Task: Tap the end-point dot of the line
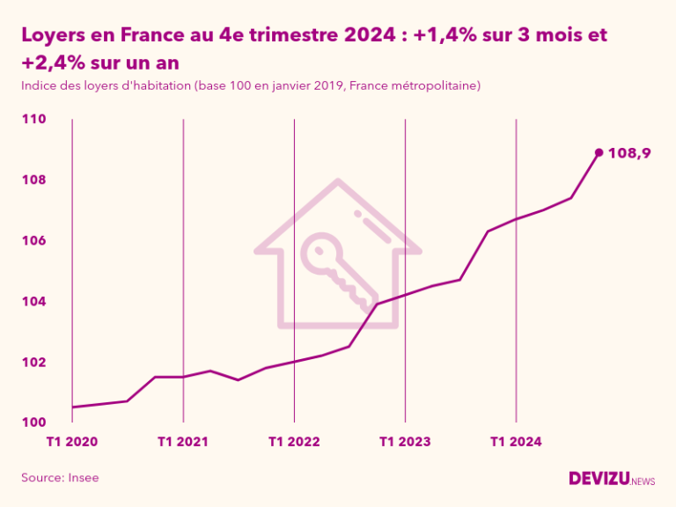pyautogui.click(x=599, y=152)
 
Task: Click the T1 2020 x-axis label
pyautogui.click(x=72, y=441)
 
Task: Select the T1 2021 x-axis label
pyautogui.click(x=183, y=441)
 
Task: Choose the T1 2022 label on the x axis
pyautogui.click(x=294, y=441)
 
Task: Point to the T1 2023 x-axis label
pyautogui.click(x=405, y=441)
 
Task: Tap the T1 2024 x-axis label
pyautogui.click(x=516, y=441)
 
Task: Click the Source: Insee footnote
pyautogui.click(x=60, y=477)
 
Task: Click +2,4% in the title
pyautogui.click(x=52, y=63)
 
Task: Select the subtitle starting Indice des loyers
pyautogui.click(x=250, y=85)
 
